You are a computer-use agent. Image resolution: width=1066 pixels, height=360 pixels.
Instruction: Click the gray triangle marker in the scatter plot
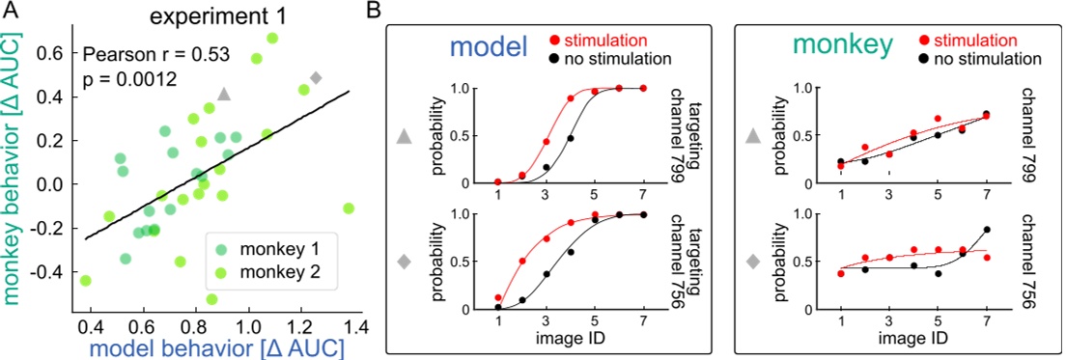click(x=224, y=94)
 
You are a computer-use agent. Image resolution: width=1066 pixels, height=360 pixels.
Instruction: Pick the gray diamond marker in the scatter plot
click(x=316, y=77)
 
